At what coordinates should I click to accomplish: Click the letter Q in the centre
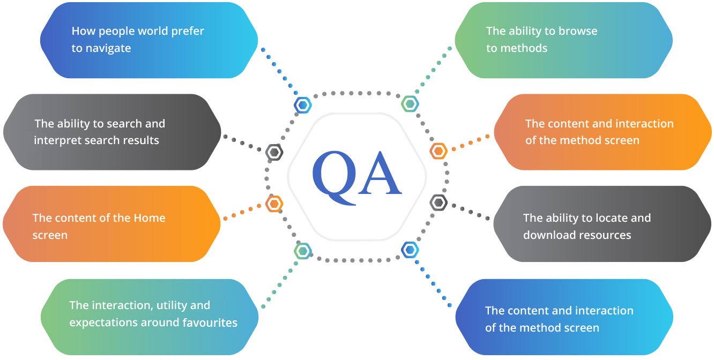coord(334,177)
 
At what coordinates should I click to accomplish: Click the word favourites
coord(210,322)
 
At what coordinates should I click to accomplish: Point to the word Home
coord(150,218)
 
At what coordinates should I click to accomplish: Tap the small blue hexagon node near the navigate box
coord(302,105)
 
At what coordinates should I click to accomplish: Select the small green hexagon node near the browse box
coord(410,103)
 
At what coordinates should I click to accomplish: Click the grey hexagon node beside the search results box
coord(274,153)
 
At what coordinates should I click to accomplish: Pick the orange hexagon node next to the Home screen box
coord(274,204)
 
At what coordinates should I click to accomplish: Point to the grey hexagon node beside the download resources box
coord(438,202)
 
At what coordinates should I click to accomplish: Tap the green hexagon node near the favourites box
coord(302,251)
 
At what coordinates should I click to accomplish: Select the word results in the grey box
coord(142,140)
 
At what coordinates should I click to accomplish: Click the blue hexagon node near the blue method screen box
coord(410,250)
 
